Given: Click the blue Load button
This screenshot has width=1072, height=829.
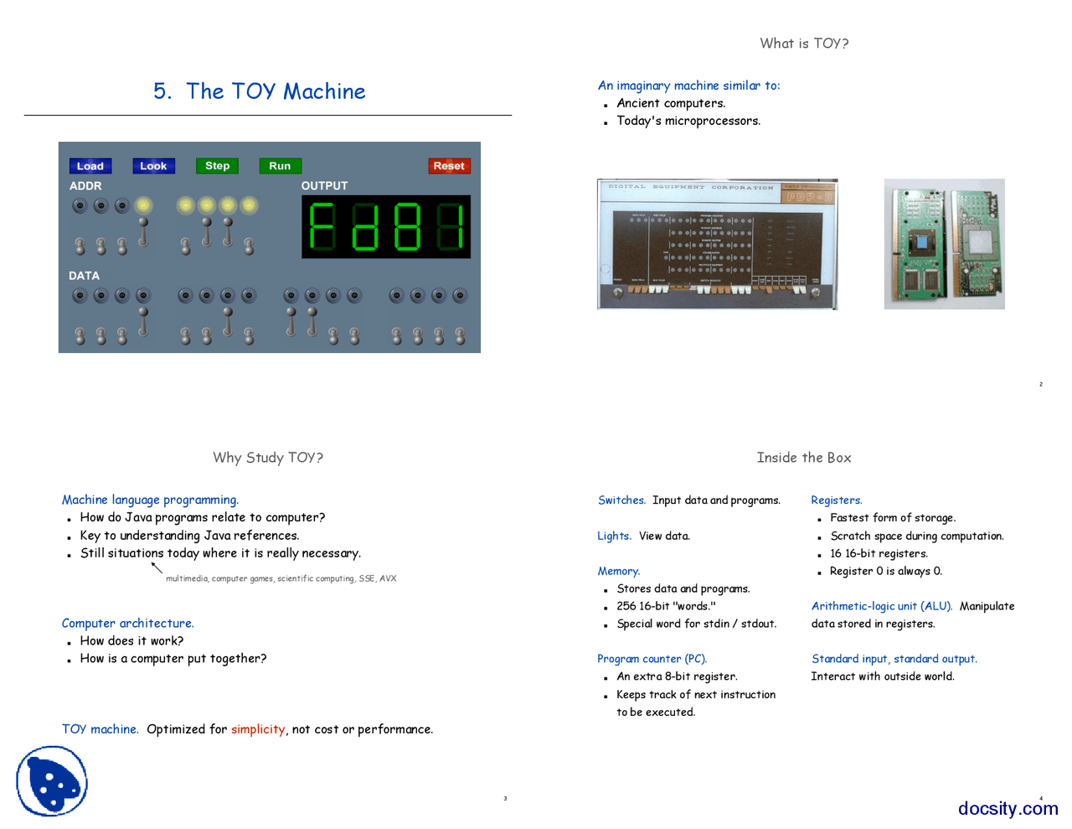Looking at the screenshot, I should tap(90, 166).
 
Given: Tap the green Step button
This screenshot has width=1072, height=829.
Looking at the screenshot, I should tap(217, 166).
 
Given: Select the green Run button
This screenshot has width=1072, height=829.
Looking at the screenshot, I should tap(280, 166).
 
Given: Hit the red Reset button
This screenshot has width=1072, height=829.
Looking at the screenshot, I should tap(449, 166).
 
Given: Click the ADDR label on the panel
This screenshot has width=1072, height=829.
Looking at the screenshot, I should tap(85, 186).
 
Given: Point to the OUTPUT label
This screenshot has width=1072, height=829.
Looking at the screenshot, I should tap(324, 186).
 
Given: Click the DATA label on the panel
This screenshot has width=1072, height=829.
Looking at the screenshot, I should tap(84, 276).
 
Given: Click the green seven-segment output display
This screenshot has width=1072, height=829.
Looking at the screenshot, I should tap(386, 227).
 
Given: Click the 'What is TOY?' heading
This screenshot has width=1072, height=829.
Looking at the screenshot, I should tap(804, 44).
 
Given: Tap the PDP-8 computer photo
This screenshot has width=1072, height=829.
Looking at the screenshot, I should tap(717, 244).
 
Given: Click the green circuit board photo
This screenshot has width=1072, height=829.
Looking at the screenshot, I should tap(944, 244).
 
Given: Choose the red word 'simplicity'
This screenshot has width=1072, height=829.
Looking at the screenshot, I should tap(258, 729).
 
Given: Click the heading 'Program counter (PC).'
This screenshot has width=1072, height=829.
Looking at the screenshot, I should tap(652, 659).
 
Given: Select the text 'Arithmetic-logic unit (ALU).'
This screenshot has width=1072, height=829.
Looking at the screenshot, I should tap(881, 606).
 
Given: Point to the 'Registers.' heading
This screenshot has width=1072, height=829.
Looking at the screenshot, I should tap(836, 500).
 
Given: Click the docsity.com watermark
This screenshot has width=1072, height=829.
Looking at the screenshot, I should tap(1008, 808).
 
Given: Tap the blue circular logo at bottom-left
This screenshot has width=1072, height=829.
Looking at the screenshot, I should tap(52, 781).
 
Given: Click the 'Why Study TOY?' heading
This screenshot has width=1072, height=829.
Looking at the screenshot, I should tap(268, 458).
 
